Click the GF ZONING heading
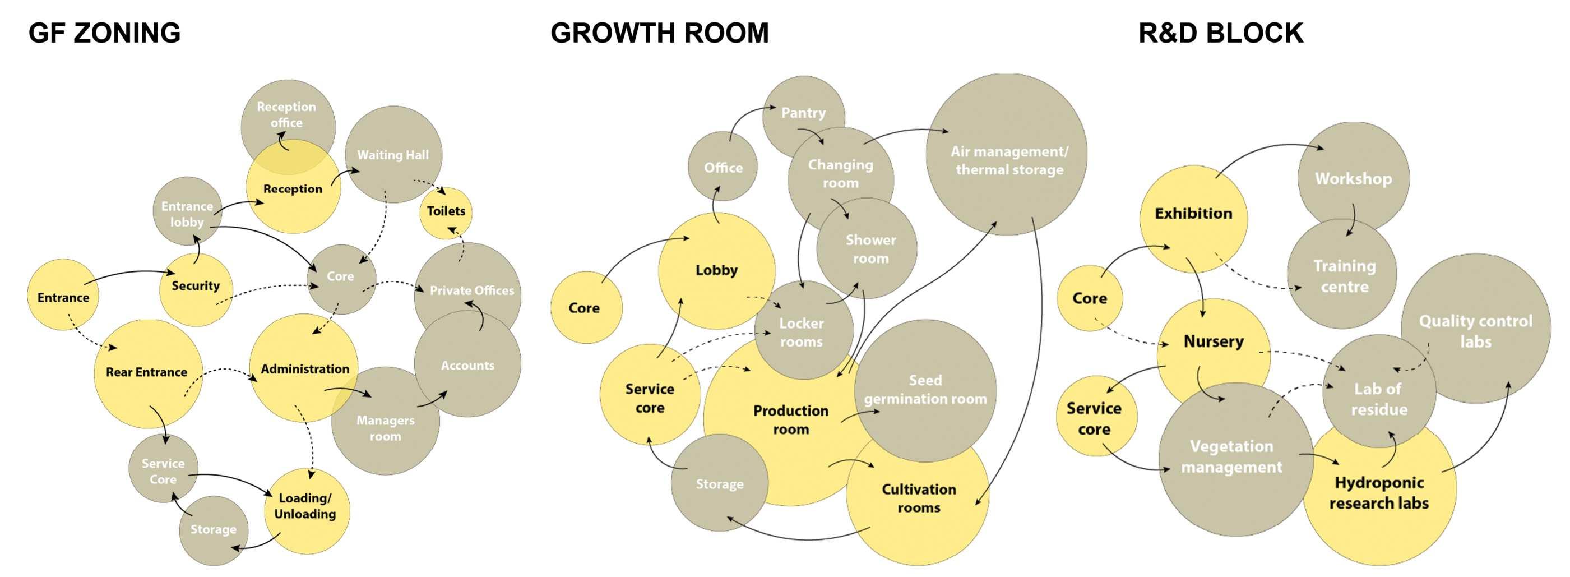tap(104, 33)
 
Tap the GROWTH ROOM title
tap(660, 33)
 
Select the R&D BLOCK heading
tap(1220, 33)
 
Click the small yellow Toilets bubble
tap(446, 211)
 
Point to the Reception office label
tap(286, 114)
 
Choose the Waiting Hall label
tap(392, 155)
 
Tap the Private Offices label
tap(471, 291)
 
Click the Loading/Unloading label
tap(305, 506)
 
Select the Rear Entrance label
tap(146, 372)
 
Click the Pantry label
tap(803, 113)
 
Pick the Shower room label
tap(870, 249)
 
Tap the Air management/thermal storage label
tap(1009, 160)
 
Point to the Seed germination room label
tap(925, 389)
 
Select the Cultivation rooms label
tap(919, 498)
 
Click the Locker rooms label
tap(801, 333)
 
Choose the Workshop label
tap(1353, 179)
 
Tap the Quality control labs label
tap(1475, 331)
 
